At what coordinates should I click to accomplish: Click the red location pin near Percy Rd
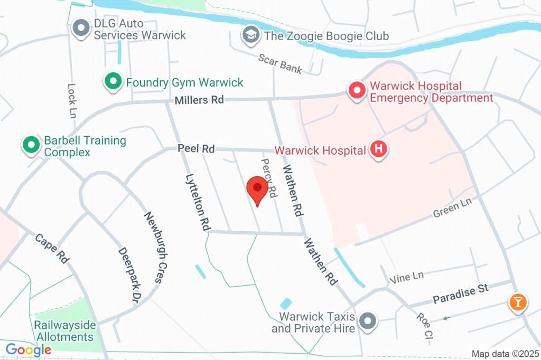257,191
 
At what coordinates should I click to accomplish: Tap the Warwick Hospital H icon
378,150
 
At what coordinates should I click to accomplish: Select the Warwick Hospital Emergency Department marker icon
357,91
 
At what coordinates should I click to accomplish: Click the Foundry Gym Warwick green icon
112,82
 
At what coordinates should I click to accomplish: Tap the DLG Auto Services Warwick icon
81,29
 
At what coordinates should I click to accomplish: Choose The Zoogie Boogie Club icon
250,35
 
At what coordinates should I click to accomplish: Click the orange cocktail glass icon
517,302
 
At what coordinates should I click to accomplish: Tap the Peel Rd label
196,149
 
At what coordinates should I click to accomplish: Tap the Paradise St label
461,293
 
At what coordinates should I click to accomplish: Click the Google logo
29,349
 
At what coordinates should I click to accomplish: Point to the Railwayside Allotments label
64,331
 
